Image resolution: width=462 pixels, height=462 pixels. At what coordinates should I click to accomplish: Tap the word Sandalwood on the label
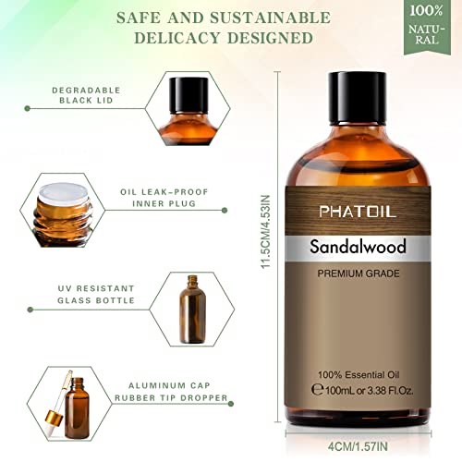pyautogui.click(x=359, y=248)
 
